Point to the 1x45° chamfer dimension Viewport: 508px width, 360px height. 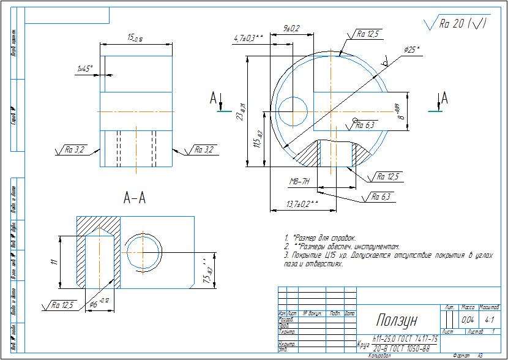pos(84,69)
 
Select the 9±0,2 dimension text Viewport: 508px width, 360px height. pos(291,29)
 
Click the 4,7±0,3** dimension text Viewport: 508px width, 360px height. pos(248,38)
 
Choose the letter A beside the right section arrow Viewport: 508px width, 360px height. pos(444,99)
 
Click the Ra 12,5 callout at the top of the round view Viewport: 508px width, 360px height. pos(368,34)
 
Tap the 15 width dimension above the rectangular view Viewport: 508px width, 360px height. pos(135,39)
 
